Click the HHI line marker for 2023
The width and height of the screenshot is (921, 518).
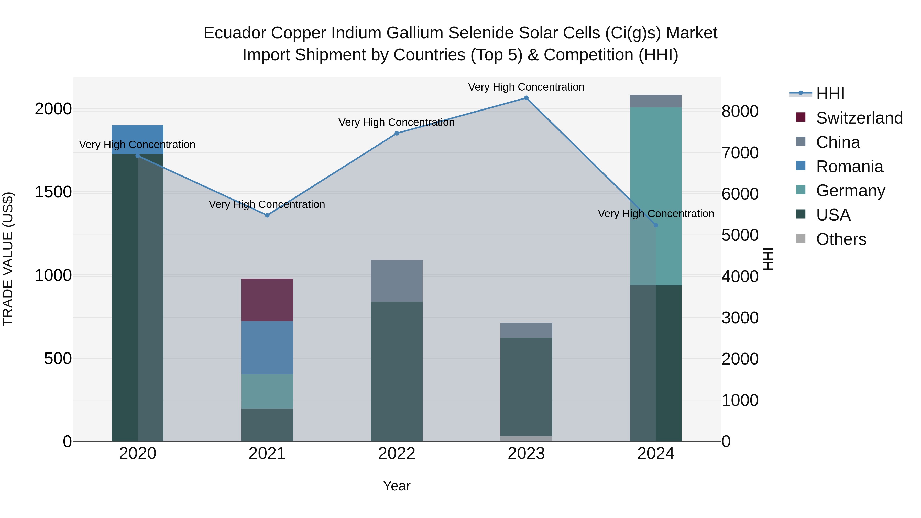526,98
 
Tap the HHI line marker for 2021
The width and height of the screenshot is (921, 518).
267,215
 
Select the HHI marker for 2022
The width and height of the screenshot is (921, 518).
397,133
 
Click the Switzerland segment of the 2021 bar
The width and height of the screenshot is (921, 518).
267,300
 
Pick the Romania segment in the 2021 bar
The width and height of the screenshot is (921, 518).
267,347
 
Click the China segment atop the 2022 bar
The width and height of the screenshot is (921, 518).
397,281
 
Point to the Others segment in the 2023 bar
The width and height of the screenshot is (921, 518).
526,439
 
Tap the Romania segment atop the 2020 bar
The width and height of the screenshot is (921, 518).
138,139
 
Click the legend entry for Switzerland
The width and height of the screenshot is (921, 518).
859,118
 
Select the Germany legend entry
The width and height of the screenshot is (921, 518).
850,191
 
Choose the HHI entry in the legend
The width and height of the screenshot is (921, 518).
830,94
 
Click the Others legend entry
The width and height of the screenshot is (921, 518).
841,239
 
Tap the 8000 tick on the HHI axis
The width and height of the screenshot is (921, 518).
739,111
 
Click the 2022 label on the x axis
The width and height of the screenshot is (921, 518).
397,454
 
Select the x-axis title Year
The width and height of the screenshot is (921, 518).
397,486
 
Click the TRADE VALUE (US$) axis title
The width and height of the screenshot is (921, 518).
8,259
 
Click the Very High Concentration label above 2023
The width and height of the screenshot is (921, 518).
526,87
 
